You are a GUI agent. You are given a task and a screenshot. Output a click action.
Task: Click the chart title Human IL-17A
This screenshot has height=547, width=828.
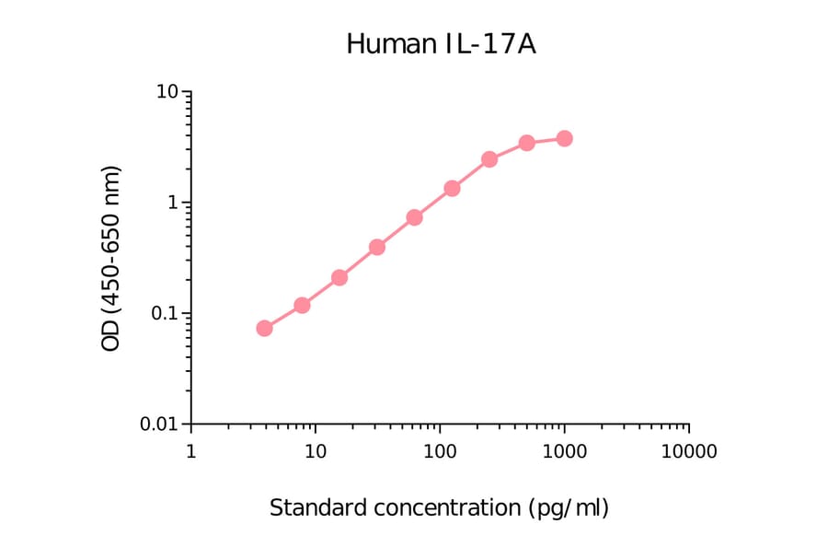click(441, 43)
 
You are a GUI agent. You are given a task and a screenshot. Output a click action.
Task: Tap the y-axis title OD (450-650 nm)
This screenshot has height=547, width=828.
click(111, 259)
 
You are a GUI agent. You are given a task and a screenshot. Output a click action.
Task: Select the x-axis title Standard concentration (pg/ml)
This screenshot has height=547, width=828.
click(439, 507)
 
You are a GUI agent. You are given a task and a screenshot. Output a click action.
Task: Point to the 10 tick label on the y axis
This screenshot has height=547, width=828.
click(167, 92)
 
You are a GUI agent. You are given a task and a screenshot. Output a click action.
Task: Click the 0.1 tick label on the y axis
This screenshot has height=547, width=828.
click(162, 313)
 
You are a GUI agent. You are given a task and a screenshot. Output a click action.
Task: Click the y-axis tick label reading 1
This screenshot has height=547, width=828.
click(173, 203)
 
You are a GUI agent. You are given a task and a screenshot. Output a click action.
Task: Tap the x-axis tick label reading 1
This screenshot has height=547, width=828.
click(190, 452)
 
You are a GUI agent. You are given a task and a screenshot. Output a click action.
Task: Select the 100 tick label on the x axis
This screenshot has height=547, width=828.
click(440, 452)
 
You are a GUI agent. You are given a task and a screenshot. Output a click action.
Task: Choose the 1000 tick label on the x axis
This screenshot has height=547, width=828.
click(564, 452)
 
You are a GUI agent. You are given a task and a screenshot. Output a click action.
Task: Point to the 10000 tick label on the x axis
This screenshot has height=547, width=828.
click(689, 452)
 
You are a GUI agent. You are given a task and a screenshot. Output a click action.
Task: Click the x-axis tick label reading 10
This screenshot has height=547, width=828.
click(315, 452)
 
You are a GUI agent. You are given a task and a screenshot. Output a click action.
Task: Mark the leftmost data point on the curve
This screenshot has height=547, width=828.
click(264, 328)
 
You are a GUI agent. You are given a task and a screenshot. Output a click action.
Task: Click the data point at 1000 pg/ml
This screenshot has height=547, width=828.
click(564, 138)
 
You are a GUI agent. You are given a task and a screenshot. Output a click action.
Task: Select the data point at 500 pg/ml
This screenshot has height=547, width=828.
click(526, 143)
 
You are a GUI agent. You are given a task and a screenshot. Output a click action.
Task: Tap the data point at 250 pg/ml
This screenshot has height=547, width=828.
click(489, 159)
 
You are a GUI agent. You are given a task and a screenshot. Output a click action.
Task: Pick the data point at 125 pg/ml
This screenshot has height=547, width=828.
click(452, 188)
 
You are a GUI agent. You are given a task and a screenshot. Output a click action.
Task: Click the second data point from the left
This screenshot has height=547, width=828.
click(302, 305)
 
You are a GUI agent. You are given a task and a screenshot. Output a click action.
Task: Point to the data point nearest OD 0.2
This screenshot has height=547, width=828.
click(339, 277)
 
